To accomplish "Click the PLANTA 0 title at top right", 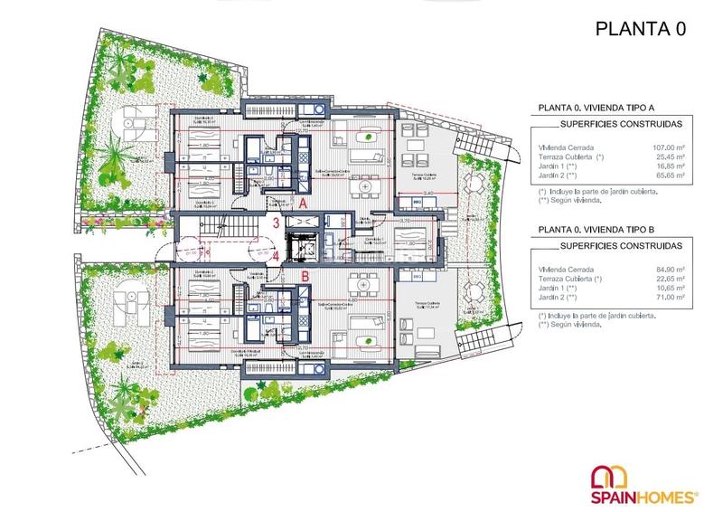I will pyautogui.click(x=641, y=28).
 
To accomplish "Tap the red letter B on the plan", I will pyautogui.click(x=305, y=276).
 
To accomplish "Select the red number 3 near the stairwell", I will pyautogui.click(x=274, y=222).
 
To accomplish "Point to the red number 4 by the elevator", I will pyautogui.click(x=274, y=257).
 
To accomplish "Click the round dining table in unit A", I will pyautogui.click(x=363, y=186).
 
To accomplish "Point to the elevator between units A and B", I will pyautogui.click(x=298, y=242).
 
